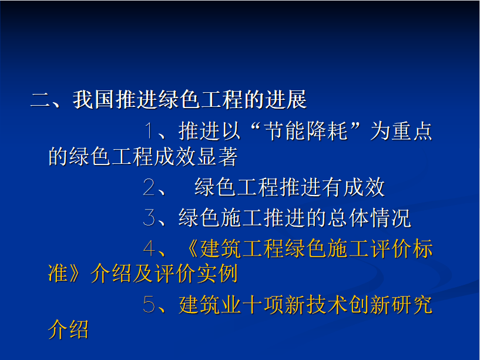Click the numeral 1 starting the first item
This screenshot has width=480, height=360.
click(x=149, y=130)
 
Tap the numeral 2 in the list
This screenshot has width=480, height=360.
click(x=149, y=187)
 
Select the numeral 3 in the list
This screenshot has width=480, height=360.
click(x=149, y=217)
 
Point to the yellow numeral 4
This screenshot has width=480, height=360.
click(x=149, y=248)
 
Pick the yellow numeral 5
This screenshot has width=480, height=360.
click(x=149, y=304)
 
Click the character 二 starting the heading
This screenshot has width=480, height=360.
click(x=41, y=99)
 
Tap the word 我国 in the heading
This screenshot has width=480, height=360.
click(x=93, y=99)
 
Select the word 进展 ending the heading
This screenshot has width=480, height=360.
click(x=286, y=99)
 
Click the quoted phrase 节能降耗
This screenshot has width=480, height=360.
click(x=306, y=131)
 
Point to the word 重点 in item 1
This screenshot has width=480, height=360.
click(x=401, y=131)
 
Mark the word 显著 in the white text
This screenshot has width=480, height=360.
click(x=217, y=156)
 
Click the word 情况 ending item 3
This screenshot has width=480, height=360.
click(x=390, y=218)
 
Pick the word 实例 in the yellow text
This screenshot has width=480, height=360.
click(x=217, y=273)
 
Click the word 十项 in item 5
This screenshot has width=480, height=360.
click(x=264, y=305)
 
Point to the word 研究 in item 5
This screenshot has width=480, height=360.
click(x=412, y=305)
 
